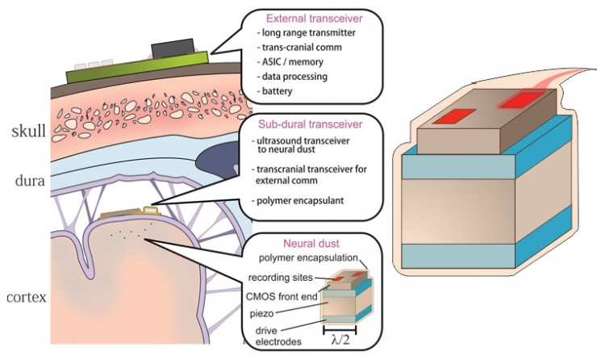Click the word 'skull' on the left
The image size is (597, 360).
(27, 131)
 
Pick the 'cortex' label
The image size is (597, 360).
(26, 297)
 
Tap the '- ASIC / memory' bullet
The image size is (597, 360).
(284, 61)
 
